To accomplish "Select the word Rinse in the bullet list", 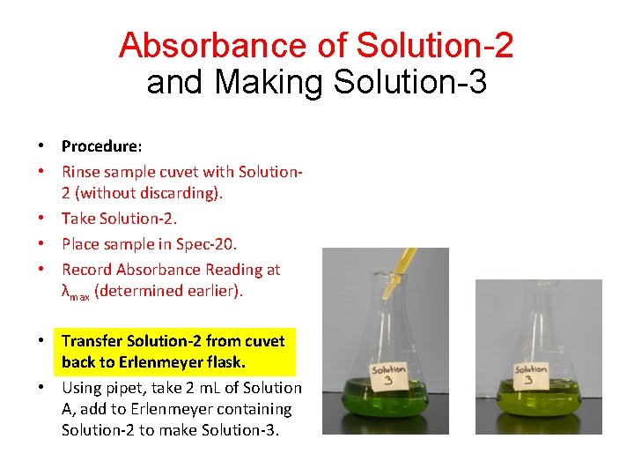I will tap(81, 172).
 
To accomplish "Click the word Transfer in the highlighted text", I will tap(92, 341).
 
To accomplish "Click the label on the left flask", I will tap(387, 376).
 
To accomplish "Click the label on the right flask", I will tap(531, 376).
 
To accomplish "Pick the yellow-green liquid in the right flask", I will tap(538, 414).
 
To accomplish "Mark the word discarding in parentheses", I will tap(180, 193).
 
